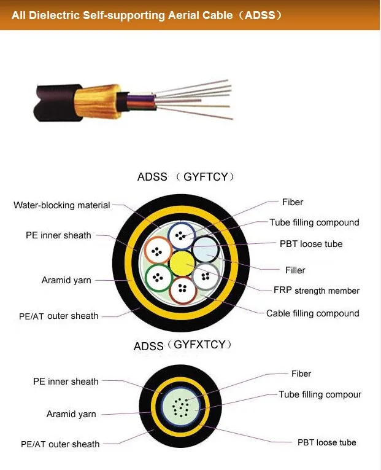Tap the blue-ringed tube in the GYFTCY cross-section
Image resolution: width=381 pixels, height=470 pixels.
pos(182,236)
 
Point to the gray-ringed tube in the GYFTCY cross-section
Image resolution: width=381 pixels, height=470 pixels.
pos(206,276)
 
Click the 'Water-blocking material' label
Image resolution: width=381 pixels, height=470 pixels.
pos(62,205)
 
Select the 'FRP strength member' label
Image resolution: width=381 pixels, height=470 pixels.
pos(317,291)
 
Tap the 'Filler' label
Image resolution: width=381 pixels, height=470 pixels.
pos(295,270)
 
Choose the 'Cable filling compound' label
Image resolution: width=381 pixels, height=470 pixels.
pos(312,313)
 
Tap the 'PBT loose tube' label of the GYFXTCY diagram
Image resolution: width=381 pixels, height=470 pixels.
pos(326,442)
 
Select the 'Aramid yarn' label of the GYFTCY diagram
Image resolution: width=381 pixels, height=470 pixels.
pos(66,280)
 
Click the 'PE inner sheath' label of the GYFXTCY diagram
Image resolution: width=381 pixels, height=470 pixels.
pos(66,382)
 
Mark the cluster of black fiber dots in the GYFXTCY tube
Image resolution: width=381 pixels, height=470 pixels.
pos(181,406)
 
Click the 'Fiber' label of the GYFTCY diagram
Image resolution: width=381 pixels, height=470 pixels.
pos(293,202)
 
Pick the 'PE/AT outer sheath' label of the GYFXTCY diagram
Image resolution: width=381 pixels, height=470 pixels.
pos(60,444)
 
